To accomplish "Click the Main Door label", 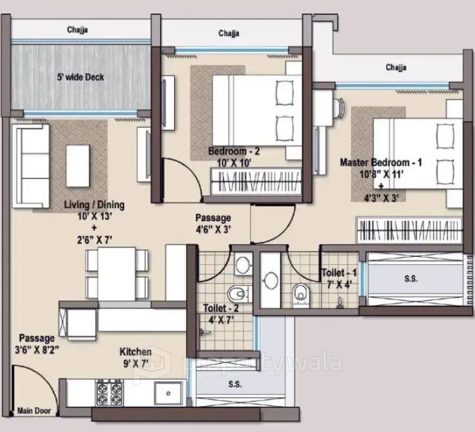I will tap(34, 411).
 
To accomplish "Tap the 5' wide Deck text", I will tap(80, 77).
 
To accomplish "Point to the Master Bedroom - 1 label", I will tap(381, 162).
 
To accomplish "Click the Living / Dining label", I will tap(94, 205).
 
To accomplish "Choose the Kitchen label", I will tap(135, 351).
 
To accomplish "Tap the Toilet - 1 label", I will tap(339, 273).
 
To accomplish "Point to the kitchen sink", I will tap(168, 393).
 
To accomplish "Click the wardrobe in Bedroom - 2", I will tap(254, 183).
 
